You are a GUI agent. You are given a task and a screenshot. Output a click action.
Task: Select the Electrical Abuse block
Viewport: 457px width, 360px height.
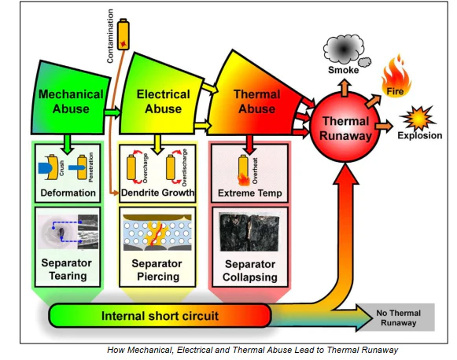click(x=163, y=101)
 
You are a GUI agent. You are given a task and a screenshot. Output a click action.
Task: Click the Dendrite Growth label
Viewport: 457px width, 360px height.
click(x=162, y=192)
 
